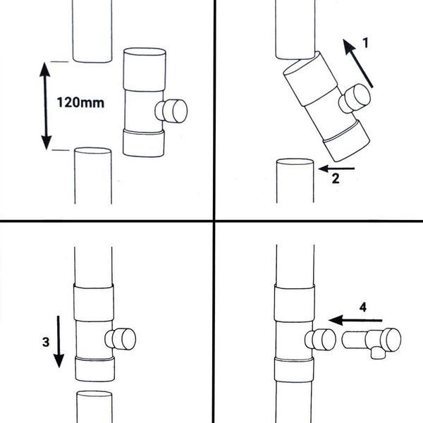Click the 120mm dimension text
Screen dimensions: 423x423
tap(80, 103)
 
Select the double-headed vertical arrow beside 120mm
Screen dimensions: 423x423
tap(46, 106)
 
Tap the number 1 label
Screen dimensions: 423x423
tap(365, 43)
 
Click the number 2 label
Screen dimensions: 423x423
tap(336, 178)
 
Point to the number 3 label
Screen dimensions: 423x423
tap(46, 342)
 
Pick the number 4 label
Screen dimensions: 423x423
tap(363, 307)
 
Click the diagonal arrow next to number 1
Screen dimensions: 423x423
tap(357, 63)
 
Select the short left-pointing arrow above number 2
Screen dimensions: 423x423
tap(336, 168)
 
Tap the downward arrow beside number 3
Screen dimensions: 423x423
tap(59, 342)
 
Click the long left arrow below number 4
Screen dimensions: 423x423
tap(355, 321)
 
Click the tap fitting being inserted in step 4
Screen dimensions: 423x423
tap(372, 341)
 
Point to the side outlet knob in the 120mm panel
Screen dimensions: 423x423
tap(171, 111)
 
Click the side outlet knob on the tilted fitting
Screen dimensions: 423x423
tap(355, 99)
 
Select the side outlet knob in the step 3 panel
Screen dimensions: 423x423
tap(121, 339)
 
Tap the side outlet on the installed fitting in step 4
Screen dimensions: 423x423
tap(321, 339)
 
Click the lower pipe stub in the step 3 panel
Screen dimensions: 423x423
tap(94, 407)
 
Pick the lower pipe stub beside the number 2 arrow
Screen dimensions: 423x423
tap(295, 180)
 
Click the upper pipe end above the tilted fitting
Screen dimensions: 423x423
tap(295, 29)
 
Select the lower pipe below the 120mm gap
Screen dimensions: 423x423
tap(93, 176)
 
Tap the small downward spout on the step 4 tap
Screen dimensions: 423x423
tap(377, 354)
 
